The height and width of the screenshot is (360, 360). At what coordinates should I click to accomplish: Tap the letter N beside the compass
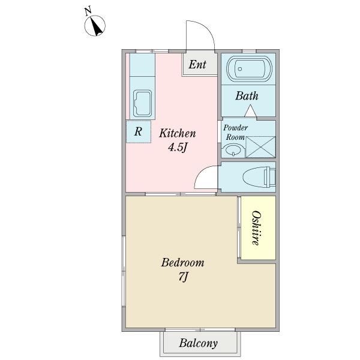88,11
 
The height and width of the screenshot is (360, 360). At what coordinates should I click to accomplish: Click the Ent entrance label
197,65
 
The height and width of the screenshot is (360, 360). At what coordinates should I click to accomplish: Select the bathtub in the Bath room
249,68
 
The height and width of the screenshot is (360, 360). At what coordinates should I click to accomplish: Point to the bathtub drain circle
240,69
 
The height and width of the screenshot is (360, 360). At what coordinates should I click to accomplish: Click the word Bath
247,96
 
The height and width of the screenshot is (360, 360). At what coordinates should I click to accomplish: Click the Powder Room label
235,133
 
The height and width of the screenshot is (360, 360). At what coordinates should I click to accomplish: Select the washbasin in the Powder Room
233,150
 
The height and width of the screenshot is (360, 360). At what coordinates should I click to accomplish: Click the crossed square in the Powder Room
260,147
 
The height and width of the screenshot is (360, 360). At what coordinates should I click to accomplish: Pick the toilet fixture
259,177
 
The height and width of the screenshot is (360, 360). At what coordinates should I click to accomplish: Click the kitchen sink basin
142,103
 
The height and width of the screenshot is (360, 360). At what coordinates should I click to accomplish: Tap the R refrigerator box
139,132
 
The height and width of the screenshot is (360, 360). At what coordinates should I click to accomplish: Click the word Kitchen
178,133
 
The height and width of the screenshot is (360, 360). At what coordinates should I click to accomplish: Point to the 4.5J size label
178,148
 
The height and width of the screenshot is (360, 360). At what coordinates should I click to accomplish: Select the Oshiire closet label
256,228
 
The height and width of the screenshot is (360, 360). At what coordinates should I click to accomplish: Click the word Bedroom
182,263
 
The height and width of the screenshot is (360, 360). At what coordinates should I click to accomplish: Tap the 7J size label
183,277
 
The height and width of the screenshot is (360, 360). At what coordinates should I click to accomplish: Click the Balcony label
198,343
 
